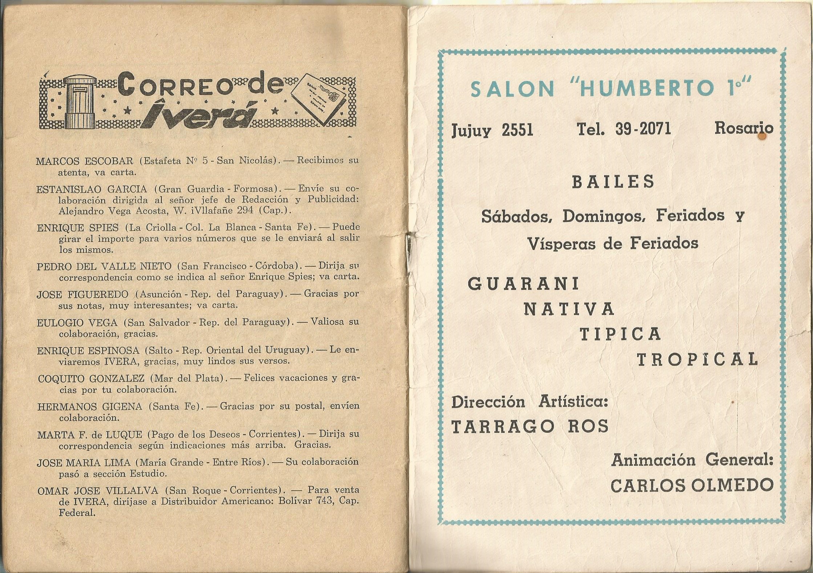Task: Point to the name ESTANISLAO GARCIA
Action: tap(92, 189)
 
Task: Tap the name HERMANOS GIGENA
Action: tap(90, 407)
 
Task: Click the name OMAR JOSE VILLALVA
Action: tap(98, 491)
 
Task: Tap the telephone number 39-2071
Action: tap(643, 129)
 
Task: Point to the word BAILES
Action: tap(613, 182)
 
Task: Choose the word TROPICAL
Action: tap(697, 359)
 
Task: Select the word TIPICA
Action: tap(620, 334)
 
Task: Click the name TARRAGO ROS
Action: tap(530, 426)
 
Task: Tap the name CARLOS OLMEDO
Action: tap(692, 485)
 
